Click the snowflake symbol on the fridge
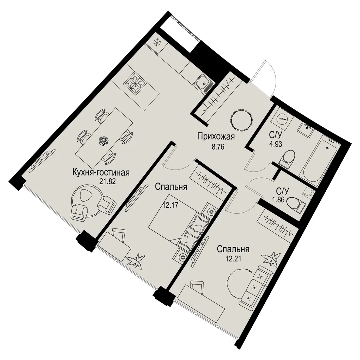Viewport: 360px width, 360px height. (157, 43)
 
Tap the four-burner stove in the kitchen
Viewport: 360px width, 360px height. (135, 82)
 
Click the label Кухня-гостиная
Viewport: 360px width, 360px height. (101, 172)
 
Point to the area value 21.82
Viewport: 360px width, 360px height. (107, 182)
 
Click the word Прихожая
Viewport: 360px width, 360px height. (216, 137)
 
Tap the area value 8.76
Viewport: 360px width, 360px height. (218, 146)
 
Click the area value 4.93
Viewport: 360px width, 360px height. (276, 144)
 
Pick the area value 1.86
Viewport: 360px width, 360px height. (279, 200)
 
